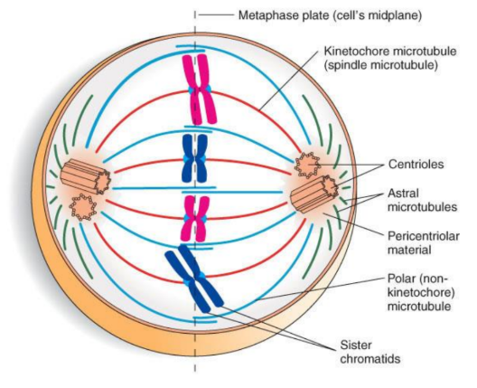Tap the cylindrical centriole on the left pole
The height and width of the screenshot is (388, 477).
click(88, 176)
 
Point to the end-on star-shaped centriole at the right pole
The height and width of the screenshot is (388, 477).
click(310, 165)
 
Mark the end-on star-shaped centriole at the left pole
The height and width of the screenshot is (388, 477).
click(84, 206)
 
